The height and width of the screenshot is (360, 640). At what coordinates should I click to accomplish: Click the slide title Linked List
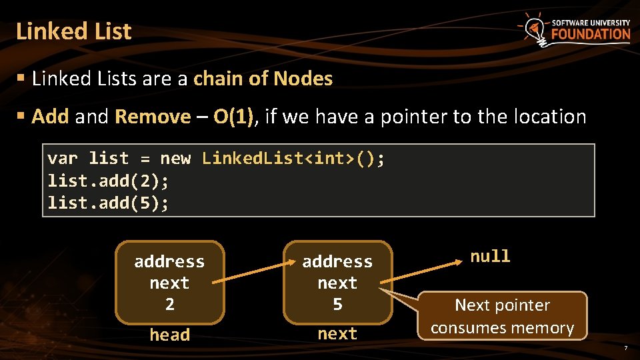[x=74, y=31]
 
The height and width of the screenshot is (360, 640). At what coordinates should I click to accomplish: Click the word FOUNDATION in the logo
[x=591, y=35]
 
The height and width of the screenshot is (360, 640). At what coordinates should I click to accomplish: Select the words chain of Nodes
[x=263, y=79]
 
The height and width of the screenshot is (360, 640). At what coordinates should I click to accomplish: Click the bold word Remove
[x=153, y=117]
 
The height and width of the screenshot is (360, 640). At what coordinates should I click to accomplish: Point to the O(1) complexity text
[x=233, y=117]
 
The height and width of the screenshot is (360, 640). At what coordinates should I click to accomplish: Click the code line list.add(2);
[x=109, y=181]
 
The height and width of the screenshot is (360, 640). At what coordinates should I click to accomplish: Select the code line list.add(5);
[x=109, y=203]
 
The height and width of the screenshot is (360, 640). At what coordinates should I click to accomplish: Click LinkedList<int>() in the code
[x=293, y=159]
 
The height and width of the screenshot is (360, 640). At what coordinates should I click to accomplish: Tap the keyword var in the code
[x=63, y=159]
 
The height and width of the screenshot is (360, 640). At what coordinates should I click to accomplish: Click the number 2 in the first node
[x=169, y=305]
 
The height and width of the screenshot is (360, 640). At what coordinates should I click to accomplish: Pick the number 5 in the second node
[x=337, y=305]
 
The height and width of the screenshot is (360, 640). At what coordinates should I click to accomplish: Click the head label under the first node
[x=169, y=335]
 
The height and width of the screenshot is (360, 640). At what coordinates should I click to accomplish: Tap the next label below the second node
[x=337, y=334]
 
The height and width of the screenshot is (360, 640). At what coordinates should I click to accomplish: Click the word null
[x=490, y=257]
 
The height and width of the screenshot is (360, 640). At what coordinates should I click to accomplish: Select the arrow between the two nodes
[x=253, y=273]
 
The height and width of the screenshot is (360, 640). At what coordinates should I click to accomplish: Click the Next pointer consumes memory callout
[x=502, y=316]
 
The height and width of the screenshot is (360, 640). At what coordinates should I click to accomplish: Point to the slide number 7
[x=625, y=349]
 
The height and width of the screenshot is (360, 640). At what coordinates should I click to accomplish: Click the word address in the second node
[x=337, y=261]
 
